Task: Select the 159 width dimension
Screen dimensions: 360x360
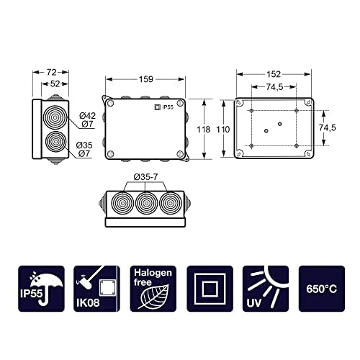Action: (x=145, y=80)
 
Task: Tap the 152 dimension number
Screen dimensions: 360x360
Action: (x=273, y=74)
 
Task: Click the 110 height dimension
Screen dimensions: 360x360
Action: (x=224, y=130)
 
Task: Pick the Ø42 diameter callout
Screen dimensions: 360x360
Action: (x=87, y=115)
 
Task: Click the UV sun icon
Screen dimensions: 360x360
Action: (x=265, y=288)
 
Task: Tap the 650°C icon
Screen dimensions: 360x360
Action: (x=322, y=288)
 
